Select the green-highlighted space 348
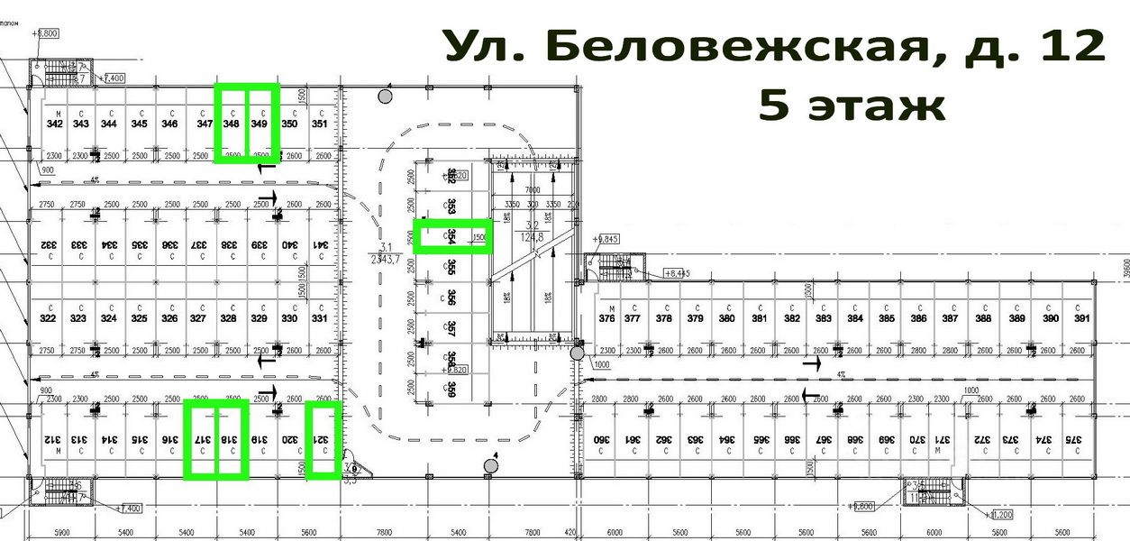coord(231,124)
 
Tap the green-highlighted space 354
coord(450,236)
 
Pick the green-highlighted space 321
coord(322,440)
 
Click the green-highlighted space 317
coord(202,440)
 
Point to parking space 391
coord(1080,318)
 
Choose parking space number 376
coord(606,318)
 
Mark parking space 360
coord(598,440)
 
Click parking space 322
coord(49,318)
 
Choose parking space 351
coord(318,124)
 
